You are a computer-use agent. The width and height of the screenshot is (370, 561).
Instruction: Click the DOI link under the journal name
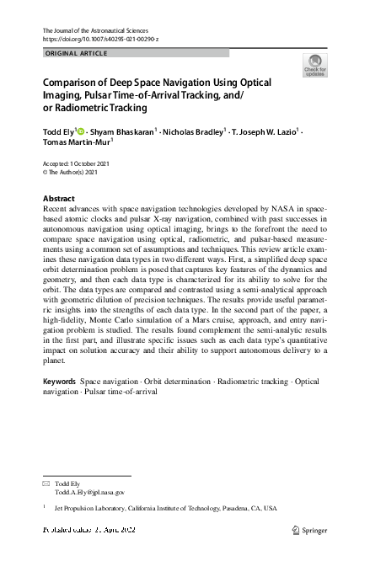[99, 40]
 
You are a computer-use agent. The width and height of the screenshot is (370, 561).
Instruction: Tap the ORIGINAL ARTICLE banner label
[75, 53]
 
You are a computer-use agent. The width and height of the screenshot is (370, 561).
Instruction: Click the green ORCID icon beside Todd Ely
[81, 131]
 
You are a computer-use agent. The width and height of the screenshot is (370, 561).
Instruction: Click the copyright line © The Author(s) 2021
[76, 171]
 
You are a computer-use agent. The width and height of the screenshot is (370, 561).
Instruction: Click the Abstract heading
[58, 199]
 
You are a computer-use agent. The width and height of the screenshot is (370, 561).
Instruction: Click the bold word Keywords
[59, 382]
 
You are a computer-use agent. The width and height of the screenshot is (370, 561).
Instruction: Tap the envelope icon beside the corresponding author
[46, 484]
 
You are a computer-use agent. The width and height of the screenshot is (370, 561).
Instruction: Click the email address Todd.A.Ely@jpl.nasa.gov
[89, 492]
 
